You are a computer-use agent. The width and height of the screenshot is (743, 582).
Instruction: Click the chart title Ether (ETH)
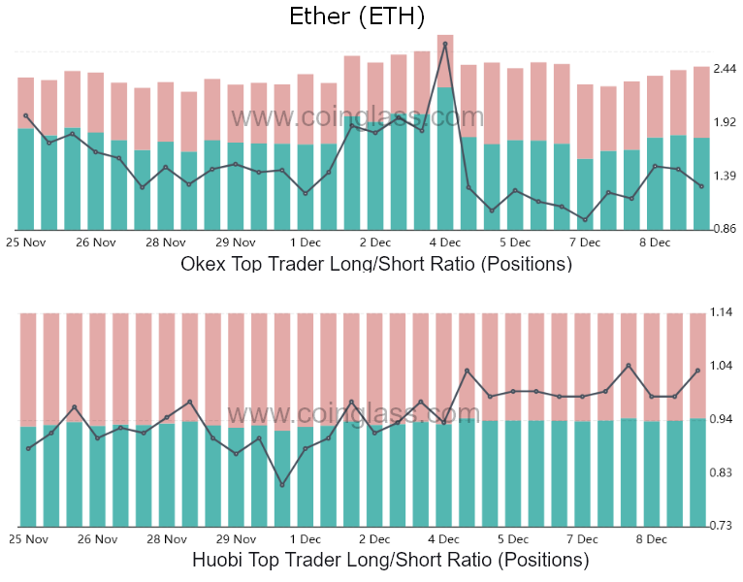357,16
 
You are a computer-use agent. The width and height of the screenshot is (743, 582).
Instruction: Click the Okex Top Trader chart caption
376,263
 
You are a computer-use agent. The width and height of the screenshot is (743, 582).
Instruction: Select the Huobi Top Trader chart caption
390,560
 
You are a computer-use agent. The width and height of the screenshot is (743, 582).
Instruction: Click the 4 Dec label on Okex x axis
444,242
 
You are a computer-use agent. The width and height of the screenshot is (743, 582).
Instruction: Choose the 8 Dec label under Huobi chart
651,538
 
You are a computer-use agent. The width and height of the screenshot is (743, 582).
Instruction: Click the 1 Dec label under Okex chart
305,242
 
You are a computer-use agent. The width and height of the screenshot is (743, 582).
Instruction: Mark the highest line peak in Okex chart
445,44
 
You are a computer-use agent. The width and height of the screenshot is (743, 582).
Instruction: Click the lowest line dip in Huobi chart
282,485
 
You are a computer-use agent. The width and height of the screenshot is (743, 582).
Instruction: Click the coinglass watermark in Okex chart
356,117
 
